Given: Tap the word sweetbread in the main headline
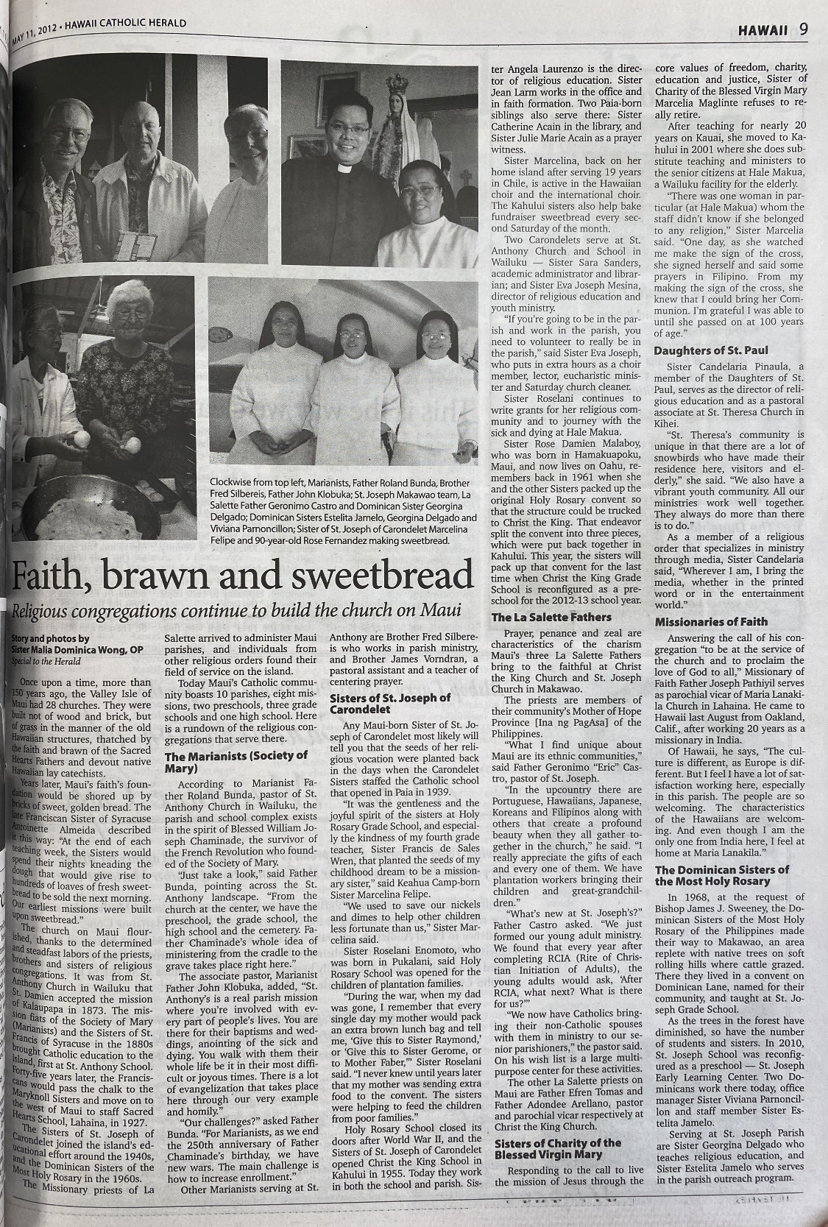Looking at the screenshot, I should point(390,576).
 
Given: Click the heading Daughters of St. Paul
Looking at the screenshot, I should point(711,350).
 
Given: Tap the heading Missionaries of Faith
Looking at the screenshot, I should point(711,622).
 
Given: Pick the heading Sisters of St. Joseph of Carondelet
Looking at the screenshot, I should point(390,703).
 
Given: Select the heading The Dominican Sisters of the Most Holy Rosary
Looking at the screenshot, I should point(722,875).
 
